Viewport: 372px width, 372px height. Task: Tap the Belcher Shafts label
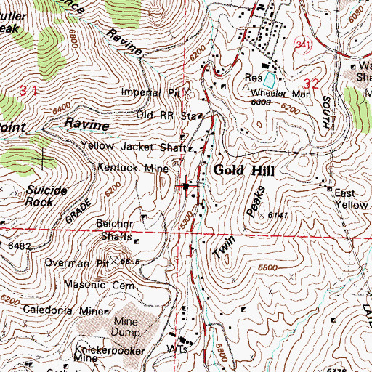115,230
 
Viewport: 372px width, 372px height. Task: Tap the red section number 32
314,84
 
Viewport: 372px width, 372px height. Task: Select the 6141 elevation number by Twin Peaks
277,216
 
